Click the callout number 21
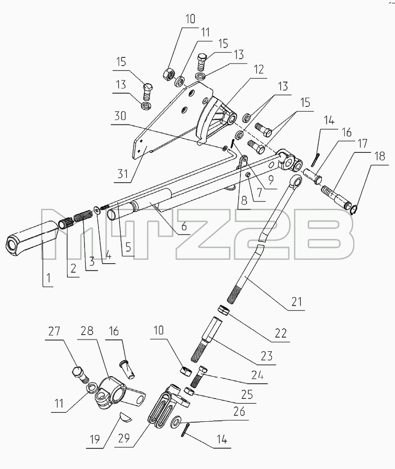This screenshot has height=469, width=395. (296, 301)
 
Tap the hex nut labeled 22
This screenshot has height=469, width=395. (224, 310)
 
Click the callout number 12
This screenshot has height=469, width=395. (259, 69)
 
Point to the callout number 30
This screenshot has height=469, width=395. (120, 116)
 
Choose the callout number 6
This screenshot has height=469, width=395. (184, 226)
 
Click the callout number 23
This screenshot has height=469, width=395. (267, 356)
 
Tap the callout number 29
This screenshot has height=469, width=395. (123, 438)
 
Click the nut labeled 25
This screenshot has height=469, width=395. (190, 391)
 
